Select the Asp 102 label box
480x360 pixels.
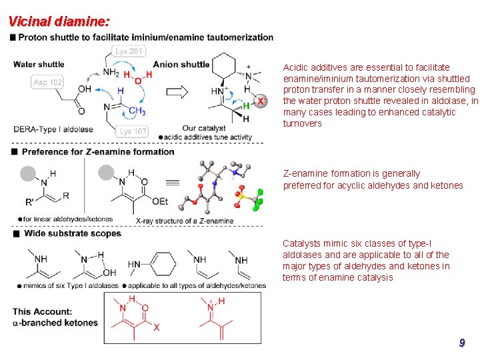pos(47,82)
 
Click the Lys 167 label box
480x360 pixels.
pos(133,131)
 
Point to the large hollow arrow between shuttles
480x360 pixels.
pos(177,91)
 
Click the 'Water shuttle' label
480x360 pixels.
pos(39,65)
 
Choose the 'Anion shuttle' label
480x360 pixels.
pos(181,65)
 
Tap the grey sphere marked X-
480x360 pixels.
pos(261,101)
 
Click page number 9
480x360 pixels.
pos(461,343)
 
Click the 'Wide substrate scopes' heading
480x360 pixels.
pos(73,233)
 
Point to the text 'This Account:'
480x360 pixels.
pos(43,311)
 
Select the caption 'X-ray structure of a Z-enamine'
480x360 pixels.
pos(185,221)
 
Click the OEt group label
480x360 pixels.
pos(160,201)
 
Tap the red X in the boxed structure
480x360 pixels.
pos(157,327)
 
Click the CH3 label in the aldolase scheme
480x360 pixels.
pos(137,111)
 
